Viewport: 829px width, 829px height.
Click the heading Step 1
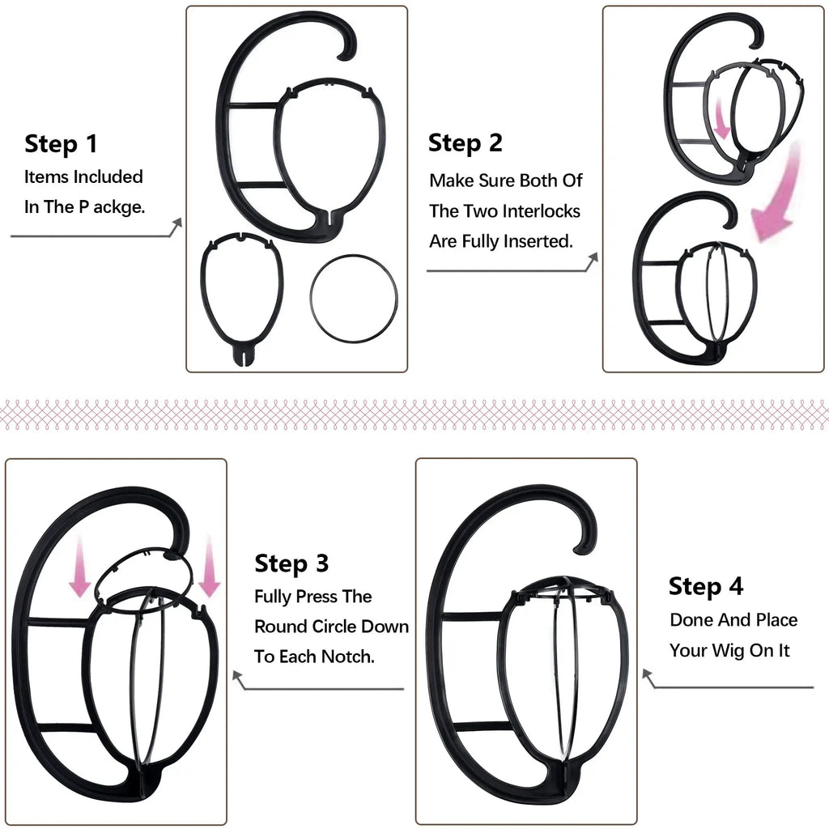coord(61,144)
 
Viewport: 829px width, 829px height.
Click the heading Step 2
coord(465,143)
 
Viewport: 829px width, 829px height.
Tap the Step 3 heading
coord(291,563)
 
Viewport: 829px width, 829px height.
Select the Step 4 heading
coord(706,586)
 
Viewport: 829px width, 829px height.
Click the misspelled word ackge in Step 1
coord(122,207)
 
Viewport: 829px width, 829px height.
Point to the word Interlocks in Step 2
coord(541,211)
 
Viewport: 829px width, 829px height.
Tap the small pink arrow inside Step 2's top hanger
coord(720,117)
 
